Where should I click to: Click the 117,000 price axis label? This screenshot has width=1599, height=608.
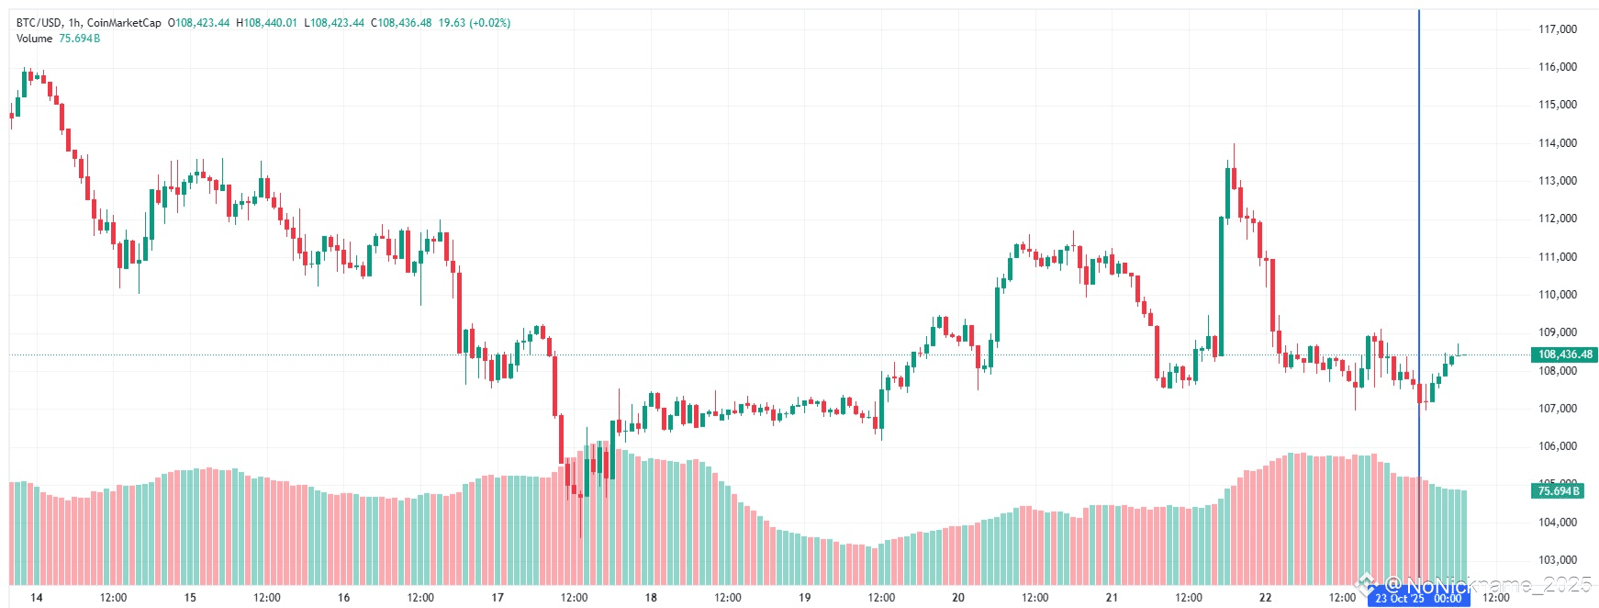coord(1557,29)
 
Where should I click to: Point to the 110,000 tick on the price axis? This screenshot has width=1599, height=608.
coord(1557,295)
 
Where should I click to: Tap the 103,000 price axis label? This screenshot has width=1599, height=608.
coord(1557,560)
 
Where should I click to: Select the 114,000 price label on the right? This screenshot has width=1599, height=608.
coord(1557,143)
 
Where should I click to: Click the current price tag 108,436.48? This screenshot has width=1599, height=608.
coord(1565,355)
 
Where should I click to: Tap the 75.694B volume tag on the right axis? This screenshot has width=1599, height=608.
coord(1559,491)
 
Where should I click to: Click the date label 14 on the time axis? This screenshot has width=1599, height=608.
coord(37,598)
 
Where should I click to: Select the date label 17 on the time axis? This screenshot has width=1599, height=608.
coord(498,598)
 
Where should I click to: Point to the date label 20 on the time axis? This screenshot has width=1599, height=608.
coord(958,598)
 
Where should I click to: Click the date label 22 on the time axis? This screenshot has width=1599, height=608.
coord(1266,598)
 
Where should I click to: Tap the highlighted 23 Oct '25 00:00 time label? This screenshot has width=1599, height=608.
coord(1418,599)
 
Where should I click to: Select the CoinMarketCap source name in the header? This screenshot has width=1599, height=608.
coord(124,23)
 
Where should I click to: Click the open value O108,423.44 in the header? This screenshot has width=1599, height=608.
coord(198,23)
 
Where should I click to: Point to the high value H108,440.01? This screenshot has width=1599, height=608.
coord(266,23)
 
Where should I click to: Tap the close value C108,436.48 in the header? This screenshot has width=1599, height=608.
coord(401,23)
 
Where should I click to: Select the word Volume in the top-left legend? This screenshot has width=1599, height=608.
coord(34,39)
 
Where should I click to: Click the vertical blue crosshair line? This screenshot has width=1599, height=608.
coord(1418,230)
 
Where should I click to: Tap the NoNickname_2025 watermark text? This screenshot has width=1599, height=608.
coord(1487,585)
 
